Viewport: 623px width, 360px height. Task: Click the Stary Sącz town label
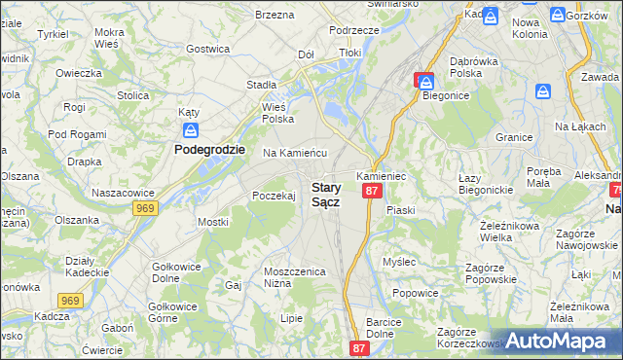[325, 194]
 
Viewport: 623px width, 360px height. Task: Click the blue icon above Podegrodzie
[192, 129]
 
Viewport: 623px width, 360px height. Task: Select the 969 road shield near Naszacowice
[145, 208]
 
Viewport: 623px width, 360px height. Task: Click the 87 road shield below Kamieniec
[371, 192]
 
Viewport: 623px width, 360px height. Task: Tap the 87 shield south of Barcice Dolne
[360, 348]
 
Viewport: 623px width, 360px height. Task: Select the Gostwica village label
[207, 49]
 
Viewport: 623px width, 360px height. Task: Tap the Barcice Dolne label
[385, 327]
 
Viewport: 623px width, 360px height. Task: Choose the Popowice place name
[414, 292]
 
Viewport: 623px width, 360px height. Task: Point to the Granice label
[513, 137]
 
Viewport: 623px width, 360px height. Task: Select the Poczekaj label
[274, 196]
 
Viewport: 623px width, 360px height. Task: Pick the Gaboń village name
[116, 328]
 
